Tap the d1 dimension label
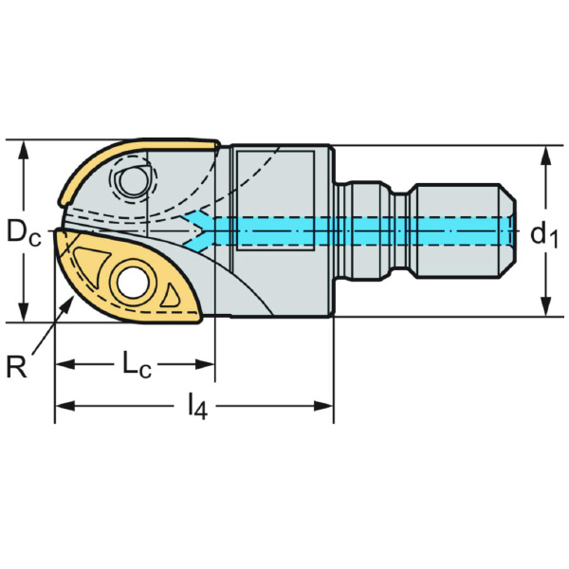tap(542, 233)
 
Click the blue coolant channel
tap(360, 230)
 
